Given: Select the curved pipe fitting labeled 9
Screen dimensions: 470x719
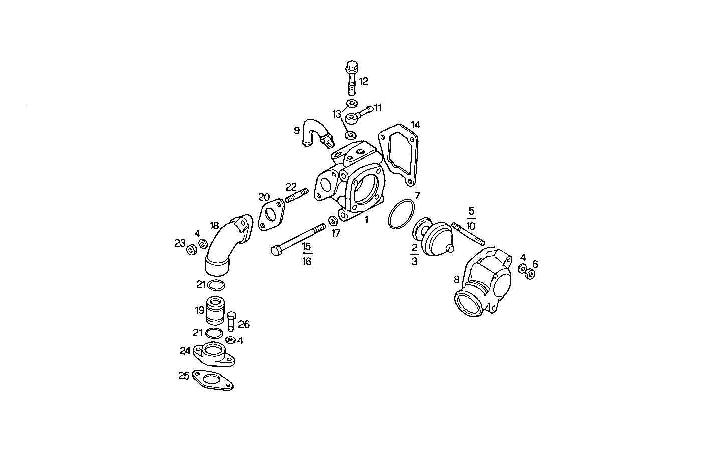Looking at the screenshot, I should (315, 132).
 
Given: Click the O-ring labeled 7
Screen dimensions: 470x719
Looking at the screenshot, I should (401, 215).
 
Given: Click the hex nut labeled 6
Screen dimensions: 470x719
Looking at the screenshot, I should (531, 273).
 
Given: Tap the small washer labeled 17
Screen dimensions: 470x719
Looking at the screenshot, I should (332, 221).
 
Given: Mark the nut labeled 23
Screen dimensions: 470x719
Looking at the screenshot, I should (191, 249).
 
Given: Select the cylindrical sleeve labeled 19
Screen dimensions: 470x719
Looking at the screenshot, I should (217, 310).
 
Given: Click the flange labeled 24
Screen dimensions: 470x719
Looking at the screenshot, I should (214, 353).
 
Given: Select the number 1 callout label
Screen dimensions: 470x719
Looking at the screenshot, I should (366, 220).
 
